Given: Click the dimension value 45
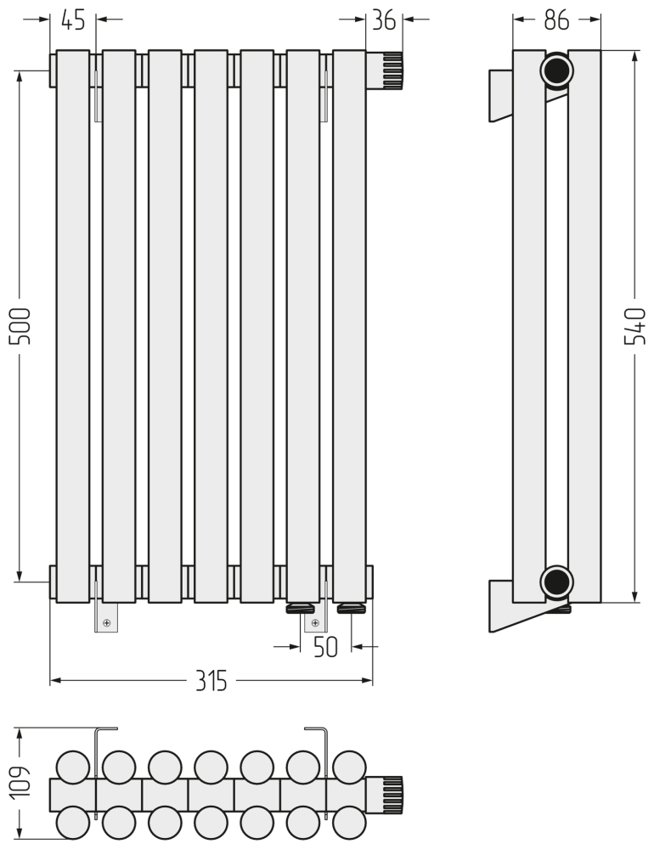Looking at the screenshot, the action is pos(73,20).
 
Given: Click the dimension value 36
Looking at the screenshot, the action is pos(384,20).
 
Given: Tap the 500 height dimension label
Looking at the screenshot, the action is pos(20,326).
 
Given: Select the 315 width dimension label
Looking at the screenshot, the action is pos(211,681).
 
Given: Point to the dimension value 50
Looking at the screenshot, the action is pos(325,646).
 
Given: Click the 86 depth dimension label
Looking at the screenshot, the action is pos(556,20).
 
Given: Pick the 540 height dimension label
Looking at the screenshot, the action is pos(635,326).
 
